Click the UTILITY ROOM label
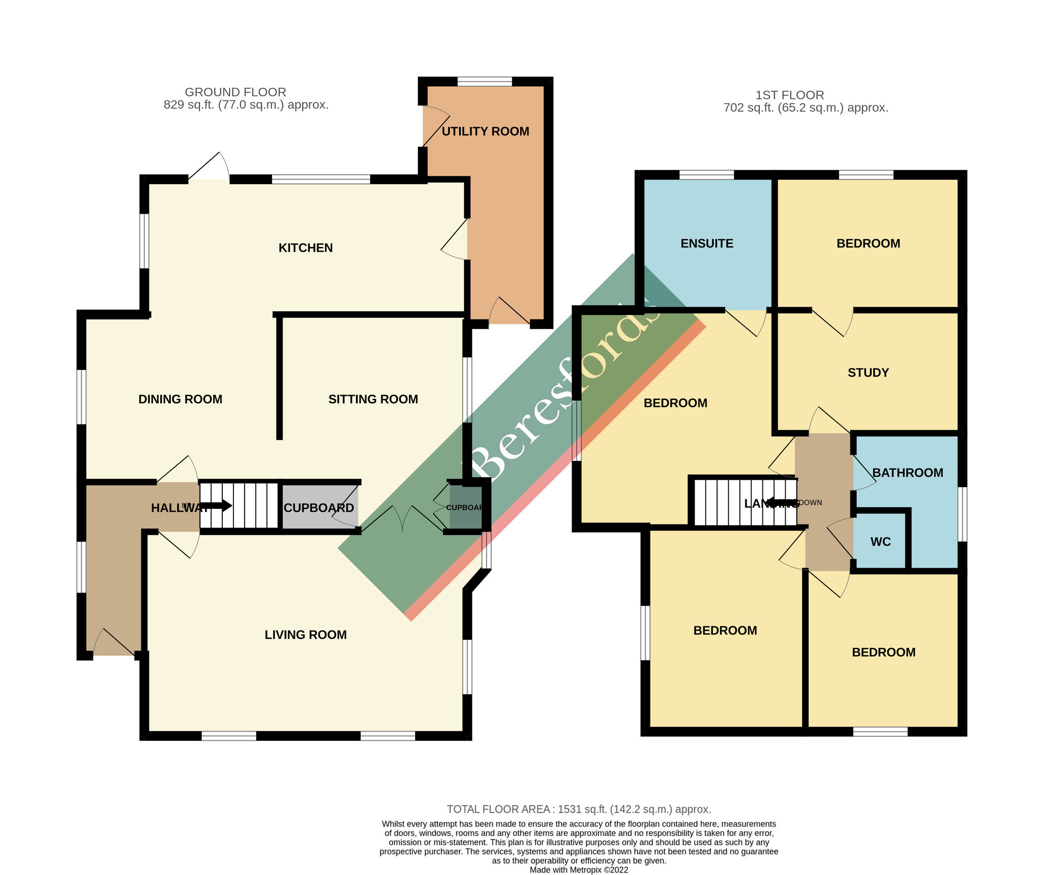click(x=485, y=132)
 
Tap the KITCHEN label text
click(x=305, y=248)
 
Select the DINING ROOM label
click(x=180, y=399)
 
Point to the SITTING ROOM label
click(x=373, y=399)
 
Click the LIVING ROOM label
click(x=305, y=634)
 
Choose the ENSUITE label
click(x=706, y=244)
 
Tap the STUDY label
click(x=868, y=373)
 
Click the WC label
click(x=881, y=542)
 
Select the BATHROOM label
click(x=908, y=472)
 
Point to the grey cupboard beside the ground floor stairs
click(x=319, y=507)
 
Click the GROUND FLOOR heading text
click(x=235, y=92)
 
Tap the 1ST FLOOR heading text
click(x=790, y=95)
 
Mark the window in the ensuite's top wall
click(x=706, y=175)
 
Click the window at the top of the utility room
click(x=484, y=82)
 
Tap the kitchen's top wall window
click(x=321, y=179)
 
